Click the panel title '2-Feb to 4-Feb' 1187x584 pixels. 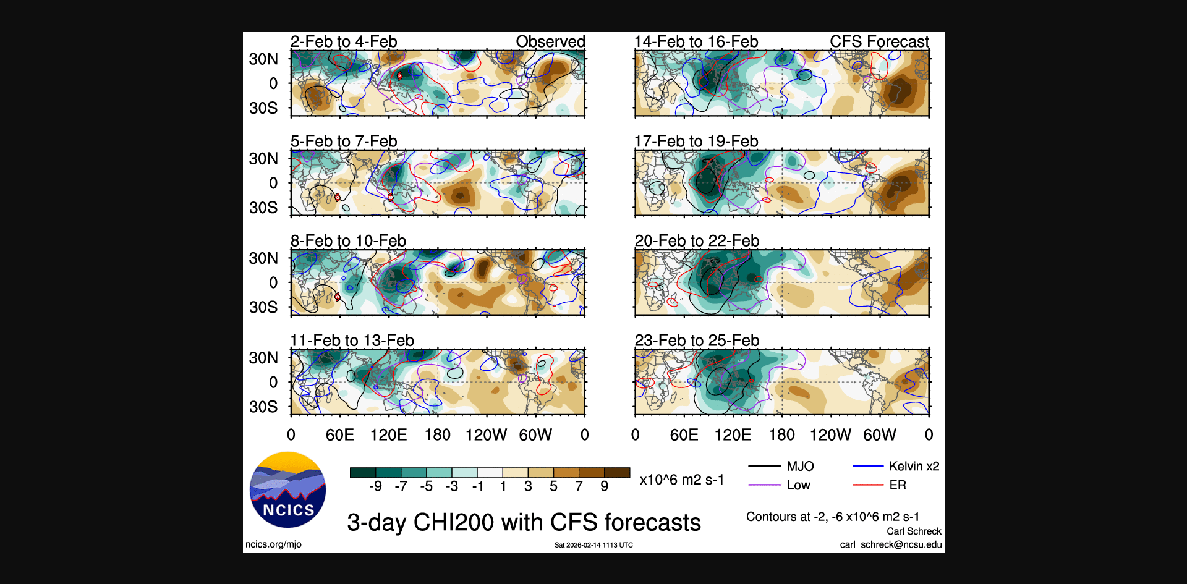344,42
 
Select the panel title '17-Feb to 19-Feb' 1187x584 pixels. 696,142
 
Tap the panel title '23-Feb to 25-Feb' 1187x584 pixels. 697,341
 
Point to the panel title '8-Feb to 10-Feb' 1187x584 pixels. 348,241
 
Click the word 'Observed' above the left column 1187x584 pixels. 550,42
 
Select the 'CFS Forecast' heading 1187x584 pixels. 879,42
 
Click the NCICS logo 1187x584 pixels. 287,489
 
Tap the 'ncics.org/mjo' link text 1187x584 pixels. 273,544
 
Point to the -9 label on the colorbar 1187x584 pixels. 375,486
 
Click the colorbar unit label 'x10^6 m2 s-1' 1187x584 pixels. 681,480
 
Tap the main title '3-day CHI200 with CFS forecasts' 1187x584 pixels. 524,523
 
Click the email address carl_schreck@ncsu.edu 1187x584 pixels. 890,544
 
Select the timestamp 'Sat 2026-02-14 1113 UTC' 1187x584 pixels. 593,545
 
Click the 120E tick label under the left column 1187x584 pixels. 388,435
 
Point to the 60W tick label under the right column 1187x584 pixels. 879,435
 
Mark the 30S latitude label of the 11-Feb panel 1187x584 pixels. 263,407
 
